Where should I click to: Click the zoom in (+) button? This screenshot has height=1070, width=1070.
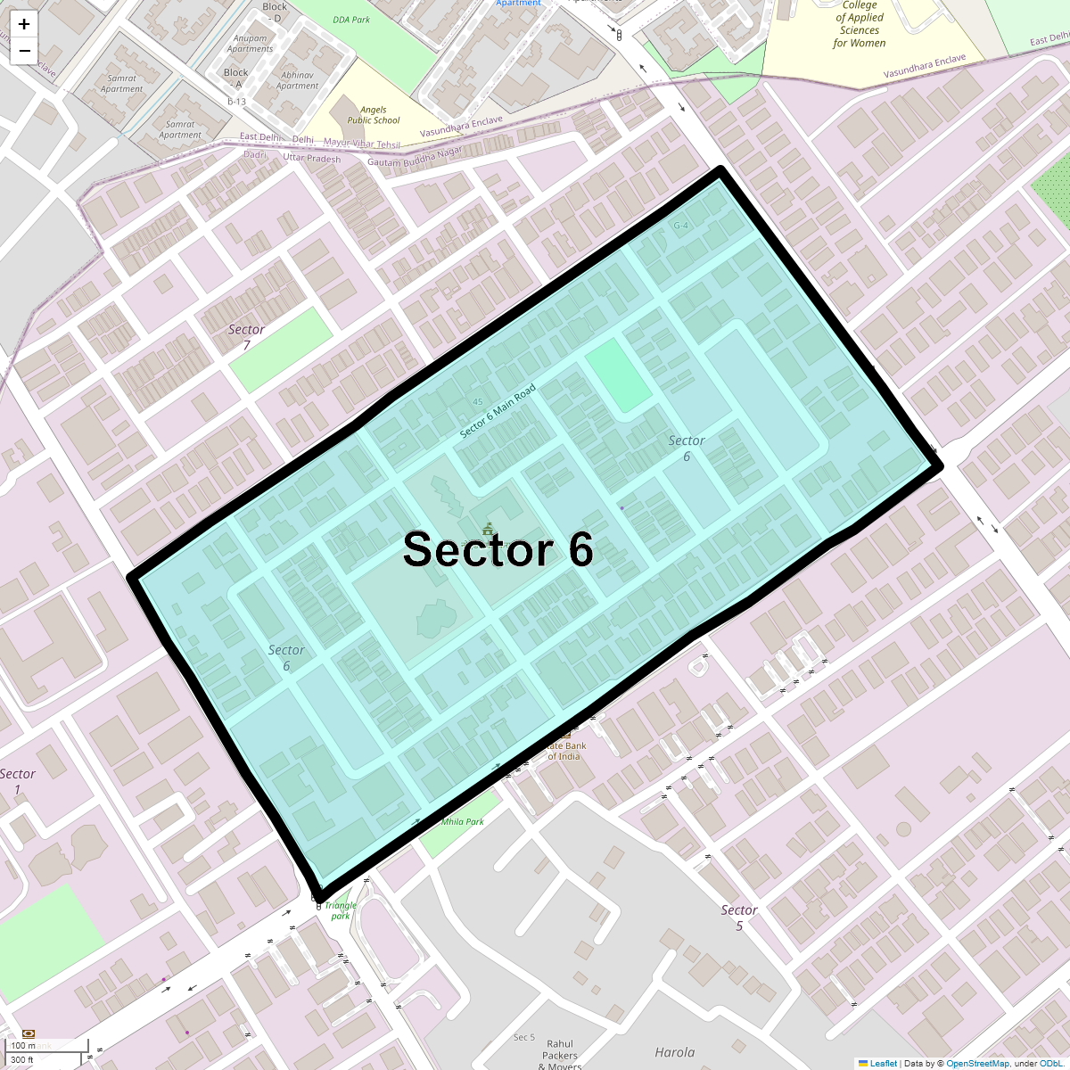(24, 24)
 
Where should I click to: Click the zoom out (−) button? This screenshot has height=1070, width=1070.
(24, 51)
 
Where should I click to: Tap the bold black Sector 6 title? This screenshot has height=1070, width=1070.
(498, 549)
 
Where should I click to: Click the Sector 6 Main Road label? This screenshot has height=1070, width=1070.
(498, 411)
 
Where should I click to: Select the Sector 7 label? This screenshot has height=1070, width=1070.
(246, 337)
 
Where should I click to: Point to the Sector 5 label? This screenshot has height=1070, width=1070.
(739, 918)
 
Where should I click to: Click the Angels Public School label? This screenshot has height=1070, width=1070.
(374, 115)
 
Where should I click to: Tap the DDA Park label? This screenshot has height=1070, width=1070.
(351, 20)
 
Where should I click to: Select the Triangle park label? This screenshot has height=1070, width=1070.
(341, 910)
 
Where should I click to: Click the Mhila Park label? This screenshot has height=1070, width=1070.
(463, 821)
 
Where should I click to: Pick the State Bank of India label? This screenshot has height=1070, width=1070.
(565, 751)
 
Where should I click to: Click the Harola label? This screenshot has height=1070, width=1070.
(675, 1052)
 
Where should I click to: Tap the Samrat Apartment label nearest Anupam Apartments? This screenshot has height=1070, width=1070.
(122, 84)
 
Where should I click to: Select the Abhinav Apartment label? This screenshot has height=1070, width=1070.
(297, 81)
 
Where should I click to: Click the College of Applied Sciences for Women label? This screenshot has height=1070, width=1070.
(860, 24)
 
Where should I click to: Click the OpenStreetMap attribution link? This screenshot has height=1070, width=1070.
(977, 1063)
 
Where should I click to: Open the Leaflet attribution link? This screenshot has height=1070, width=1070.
(883, 1063)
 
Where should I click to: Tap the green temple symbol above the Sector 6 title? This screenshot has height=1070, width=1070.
(487, 529)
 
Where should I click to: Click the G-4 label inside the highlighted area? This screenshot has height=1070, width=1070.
(681, 226)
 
